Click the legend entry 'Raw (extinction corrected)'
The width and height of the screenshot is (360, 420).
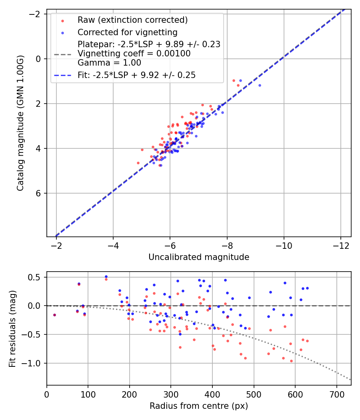[x=132, y=20]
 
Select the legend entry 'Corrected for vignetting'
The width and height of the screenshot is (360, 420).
[x=127, y=32]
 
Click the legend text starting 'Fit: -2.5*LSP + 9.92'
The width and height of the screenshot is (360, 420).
[x=136, y=75]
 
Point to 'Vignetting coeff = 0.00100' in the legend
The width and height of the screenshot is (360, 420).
[x=134, y=54]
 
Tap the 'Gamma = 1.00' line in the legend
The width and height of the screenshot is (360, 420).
[x=109, y=62]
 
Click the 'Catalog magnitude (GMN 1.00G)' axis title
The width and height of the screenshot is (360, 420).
[x=20, y=123]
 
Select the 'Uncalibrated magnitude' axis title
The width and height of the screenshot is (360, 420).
[x=199, y=257]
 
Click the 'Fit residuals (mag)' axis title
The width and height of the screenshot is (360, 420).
[x=12, y=328]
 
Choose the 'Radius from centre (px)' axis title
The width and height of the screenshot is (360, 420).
[x=199, y=406]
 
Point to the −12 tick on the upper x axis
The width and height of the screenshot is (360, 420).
[x=340, y=244]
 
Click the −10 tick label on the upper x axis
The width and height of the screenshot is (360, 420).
[x=284, y=244]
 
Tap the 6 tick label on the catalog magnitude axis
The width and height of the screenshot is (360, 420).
[x=39, y=193]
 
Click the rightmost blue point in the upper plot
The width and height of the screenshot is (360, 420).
[x=260, y=85]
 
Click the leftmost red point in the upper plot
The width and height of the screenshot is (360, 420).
[x=138, y=163]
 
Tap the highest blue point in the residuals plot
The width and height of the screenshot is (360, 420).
[x=106, y=276]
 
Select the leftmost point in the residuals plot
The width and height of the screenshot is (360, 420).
[x=54, y=315]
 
